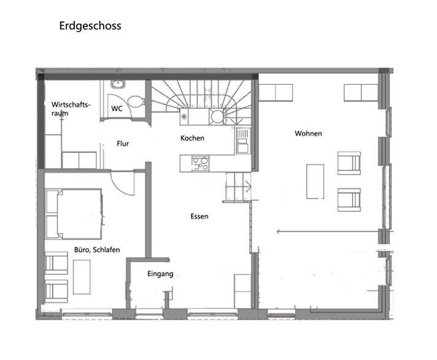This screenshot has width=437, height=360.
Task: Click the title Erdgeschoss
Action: (x=90, y=26)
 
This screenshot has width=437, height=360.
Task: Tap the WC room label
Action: (x=117, y=109)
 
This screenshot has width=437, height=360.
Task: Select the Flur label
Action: (x=123, y=144)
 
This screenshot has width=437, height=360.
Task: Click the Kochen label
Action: (x=192, y=138)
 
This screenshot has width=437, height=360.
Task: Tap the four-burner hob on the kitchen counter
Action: (x=200, y=163)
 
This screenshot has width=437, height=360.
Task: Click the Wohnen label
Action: (x=308, y=133)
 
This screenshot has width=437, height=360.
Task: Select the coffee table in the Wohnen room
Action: (x=315, y=181)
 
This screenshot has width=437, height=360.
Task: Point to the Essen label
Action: (x=199, y=216)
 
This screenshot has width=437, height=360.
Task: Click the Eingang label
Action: (x=161, y=274)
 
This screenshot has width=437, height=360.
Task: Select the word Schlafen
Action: (x=106, y=249)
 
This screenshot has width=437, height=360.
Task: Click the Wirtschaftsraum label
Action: (x=71, y=109)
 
